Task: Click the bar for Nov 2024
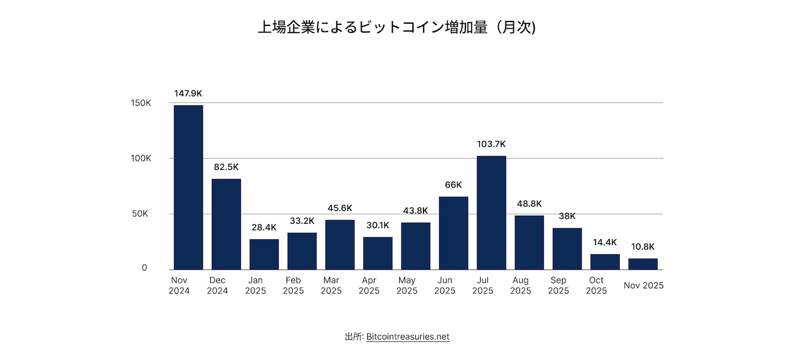tap(188, 187)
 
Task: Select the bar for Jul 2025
tap(491, 212)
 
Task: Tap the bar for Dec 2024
tap(226, 224)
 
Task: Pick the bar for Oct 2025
tap(605, 261)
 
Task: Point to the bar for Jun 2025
tap(453, 233)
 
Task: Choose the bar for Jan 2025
tap(264, 254)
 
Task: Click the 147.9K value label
tap(188, 94)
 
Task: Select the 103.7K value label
tap(491, 144)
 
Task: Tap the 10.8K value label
tap(643, 247)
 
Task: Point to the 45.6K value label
tap(340, 208)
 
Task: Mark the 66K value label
tap(453, 185)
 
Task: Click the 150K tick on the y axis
tap(141, 103)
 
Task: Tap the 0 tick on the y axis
tap(144, 268)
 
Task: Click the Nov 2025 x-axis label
tap(643, 286)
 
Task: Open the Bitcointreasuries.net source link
tap(407, 336)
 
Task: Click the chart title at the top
tap(396, 28)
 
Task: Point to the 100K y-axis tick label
tap(141, 158)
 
